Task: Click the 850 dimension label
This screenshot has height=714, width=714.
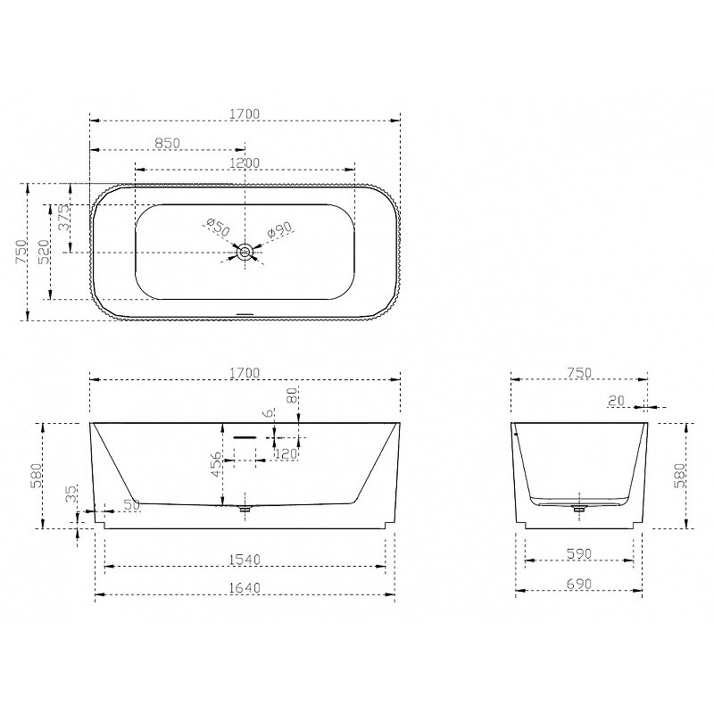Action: click(x=168, y=143)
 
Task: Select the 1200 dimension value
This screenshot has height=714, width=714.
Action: click(x=245, y=162)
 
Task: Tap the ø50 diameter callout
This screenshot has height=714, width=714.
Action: click(x=218, y=227)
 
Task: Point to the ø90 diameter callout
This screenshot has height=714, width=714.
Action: click(x=279, y=229)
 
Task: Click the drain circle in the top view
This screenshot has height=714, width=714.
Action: click(x=245, y=252)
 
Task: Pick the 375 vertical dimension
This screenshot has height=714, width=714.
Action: click(x=65, y=217)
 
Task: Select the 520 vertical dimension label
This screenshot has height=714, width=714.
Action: click(x=46, y=252)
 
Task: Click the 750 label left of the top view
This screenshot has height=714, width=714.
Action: click(x=21, y=252)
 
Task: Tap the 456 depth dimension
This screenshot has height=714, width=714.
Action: click(x=217, y=463)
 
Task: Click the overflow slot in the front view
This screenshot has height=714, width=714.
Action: click(x=245, y=437)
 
